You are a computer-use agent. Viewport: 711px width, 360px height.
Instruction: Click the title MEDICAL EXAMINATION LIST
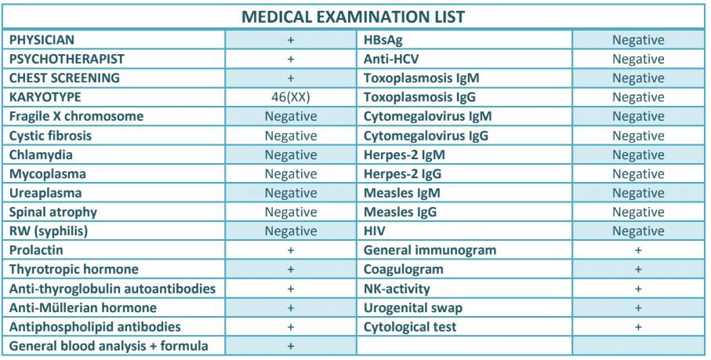pos(354,16)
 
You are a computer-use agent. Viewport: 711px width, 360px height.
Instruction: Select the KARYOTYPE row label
pos(45,97)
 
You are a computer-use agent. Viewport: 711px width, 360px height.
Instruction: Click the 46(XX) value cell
pos(291,97)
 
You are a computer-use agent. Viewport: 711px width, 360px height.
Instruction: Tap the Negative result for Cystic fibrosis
pos(291,136)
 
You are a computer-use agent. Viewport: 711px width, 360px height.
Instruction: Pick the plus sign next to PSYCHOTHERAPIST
pos(291,59)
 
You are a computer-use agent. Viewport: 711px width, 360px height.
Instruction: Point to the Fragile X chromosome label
pos(76,116)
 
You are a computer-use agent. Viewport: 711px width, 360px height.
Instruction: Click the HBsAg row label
pos(383,40)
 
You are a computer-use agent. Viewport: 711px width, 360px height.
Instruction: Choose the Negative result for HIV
pos(638,231)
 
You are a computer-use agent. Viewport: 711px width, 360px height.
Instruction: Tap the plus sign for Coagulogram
pos(638,269)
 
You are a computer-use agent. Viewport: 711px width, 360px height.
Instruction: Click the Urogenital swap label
pos(413,308)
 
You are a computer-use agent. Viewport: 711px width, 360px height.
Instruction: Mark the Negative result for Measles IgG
pos(638,213)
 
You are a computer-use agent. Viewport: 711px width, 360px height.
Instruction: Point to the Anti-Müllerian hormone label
pos(83,308)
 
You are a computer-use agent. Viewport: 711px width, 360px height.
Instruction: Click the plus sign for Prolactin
pos(291,250)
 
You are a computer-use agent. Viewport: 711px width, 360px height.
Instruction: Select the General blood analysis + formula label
pos(109,346)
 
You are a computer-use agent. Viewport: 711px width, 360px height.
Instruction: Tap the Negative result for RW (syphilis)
pos(291,231)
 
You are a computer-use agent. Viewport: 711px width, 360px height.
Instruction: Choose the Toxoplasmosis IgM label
pos(421,78)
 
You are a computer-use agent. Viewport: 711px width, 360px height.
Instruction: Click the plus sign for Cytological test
pos(638,327)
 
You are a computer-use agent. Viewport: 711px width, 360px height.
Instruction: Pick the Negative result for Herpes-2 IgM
pos(638,155)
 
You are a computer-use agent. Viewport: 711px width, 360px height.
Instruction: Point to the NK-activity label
pos(397,289)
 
